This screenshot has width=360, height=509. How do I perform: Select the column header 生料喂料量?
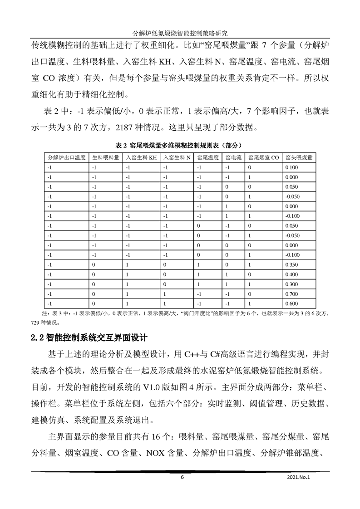[x=105, y=158]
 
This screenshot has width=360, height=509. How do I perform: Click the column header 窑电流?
[x=233, y=158]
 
